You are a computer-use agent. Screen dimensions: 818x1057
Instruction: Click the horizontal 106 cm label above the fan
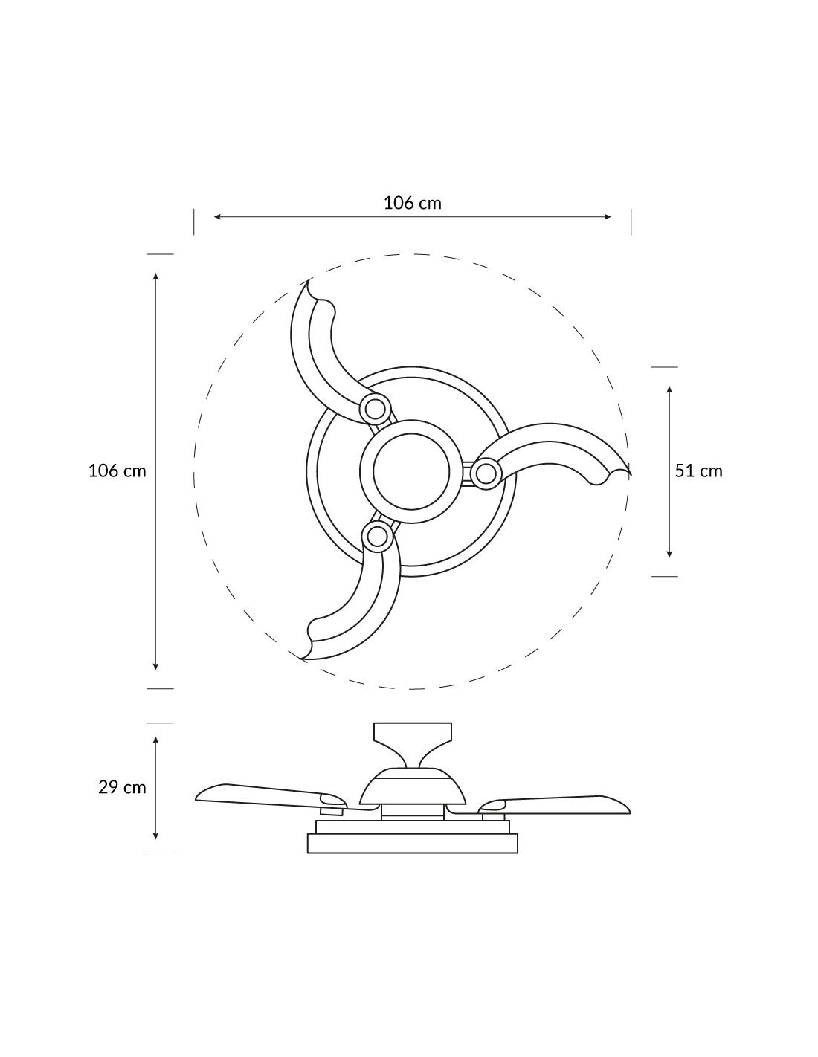[x=412, y=203]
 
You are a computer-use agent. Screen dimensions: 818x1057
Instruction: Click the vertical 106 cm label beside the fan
[x=117, y=471]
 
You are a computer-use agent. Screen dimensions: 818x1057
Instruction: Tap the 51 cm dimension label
[x=698, y=471]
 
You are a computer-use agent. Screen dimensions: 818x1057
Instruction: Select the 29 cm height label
[x=122, y=787]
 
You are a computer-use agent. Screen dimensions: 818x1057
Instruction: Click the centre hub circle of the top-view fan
[x=411, y=471]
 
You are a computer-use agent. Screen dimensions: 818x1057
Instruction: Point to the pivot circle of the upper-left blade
[x=375, y=409]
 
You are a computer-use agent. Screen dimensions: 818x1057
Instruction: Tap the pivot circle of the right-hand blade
[x=486, y=472]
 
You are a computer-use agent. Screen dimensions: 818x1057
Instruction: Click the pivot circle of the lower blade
[x=376, y=537]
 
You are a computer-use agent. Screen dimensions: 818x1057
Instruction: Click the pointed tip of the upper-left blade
[x=309, y=280]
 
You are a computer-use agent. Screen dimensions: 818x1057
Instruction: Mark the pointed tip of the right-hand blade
[x=631, y=474]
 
